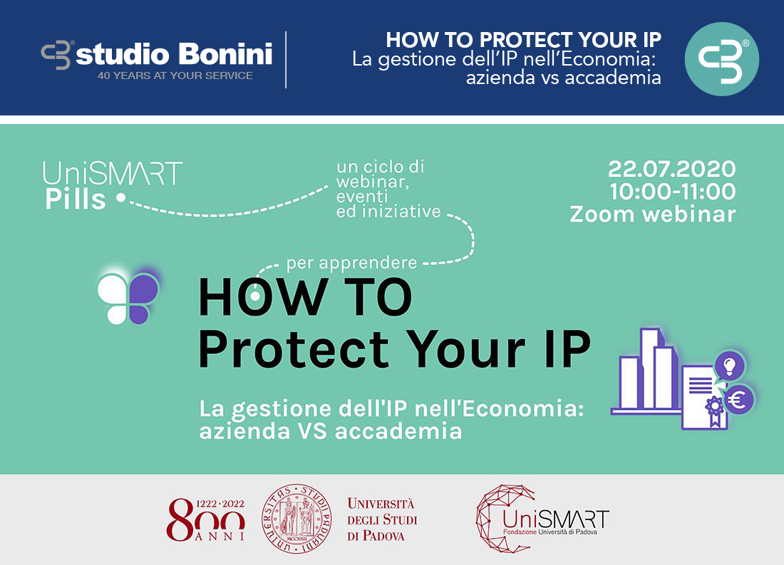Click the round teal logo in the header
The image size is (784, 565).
pyautogui.click(x=721, y=59)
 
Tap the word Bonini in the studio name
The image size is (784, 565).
pyautogui.click(x=225, y=53)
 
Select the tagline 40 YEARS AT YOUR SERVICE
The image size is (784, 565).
pyautogui.click(x=175, y=76)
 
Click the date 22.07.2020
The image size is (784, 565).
pyautogui.click(x=671, y=169)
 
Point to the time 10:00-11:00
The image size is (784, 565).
pyautogui.click(x=673, y=192)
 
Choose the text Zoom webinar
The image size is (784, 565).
pyautogui.click(x=652, y=214)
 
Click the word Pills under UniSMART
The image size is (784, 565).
pyautogui.click(x=76, y=199)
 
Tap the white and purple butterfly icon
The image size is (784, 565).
pyautogui.click(x=128, y=299)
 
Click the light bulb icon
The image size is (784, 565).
pyautogui.click(x=730, y=366)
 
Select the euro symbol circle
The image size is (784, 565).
pyautogui.click(x=738, y=400)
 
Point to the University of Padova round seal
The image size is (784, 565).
pyautogui.click(x=297, y=519)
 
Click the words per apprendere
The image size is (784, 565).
pyautogui.click(x=351, y=263)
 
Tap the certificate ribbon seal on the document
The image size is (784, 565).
pyautogui.click(x=716, y=411)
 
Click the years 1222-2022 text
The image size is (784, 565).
pyautogui.click(x=220, y=504)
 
